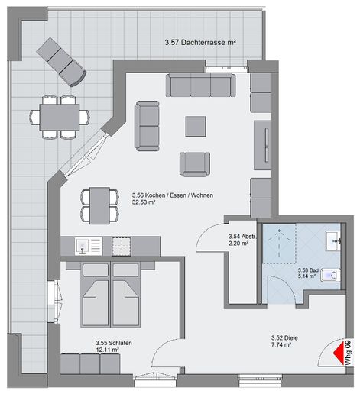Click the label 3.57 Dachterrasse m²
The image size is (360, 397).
click(x=200, y=42)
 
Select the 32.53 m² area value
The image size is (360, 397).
click(x=144, y=202)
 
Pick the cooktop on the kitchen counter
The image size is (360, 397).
click(x=122, y=247)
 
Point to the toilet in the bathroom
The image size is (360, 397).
click(x=330, y=275)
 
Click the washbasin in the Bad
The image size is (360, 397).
click(x=333, y=240)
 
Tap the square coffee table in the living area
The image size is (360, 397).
click(x=196, y=126)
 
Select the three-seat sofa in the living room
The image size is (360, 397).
click(x=201, y=85)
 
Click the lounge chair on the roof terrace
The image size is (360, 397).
click(x=61, y=62)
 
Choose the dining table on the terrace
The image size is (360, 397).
click(x=60, y=117)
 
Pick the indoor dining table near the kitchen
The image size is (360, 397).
click(x=99, y=205)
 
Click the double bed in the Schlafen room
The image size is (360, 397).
click(x=111, y=295)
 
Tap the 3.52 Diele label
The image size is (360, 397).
click(x=284, y=337)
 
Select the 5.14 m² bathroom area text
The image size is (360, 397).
click(x=307, y=276)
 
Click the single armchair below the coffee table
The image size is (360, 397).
click(x=195, y=164)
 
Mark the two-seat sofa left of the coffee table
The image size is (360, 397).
click(x=147, y=126)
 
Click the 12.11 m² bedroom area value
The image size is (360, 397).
click(x=108, y=350)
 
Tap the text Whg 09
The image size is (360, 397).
click(x=349, y=352)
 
